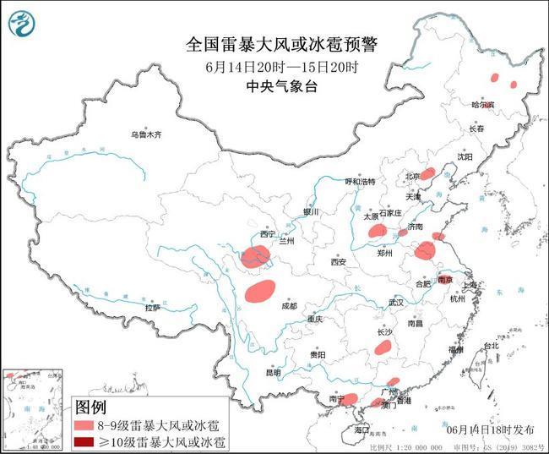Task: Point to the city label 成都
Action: (x=289, y=305)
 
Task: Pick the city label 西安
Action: (x=339, y=262)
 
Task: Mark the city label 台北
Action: (x=491, y=346)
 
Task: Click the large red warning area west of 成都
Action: (x=260, y=291)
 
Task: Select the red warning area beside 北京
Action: (x=428, y=173)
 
